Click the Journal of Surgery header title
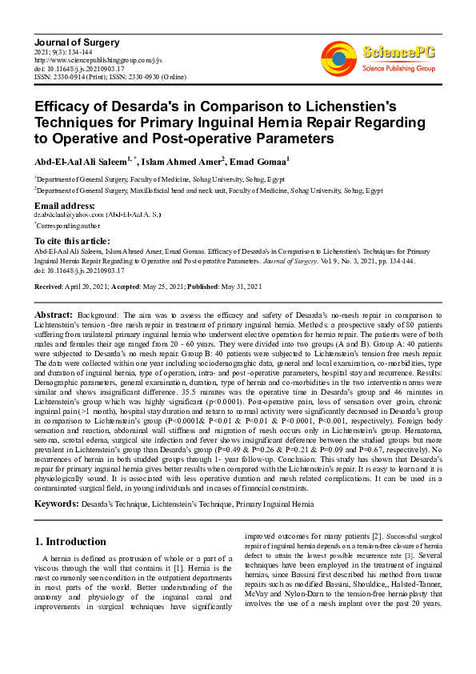click(70, 42)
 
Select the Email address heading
click(65, 207)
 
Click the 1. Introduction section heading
click(70, 542)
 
